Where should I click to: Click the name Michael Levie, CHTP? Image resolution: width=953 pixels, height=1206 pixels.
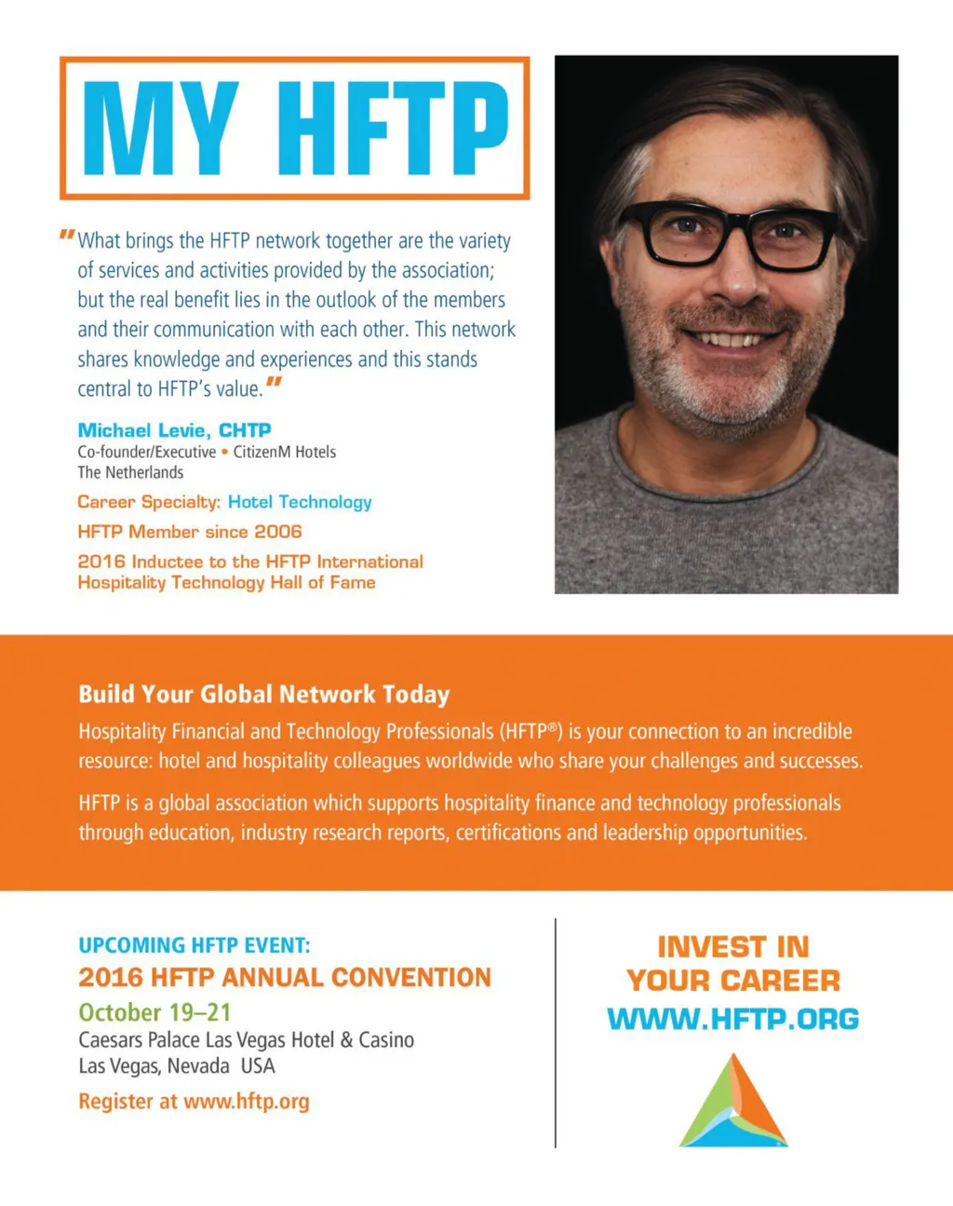(174, 430)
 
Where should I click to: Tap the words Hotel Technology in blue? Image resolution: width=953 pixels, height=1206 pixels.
(300, 502)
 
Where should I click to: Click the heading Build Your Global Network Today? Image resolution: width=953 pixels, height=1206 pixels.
(263, 695)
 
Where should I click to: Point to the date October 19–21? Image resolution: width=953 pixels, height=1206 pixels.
(154, 1012)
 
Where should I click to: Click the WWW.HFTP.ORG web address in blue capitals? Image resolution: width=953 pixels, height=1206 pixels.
(732, 1019)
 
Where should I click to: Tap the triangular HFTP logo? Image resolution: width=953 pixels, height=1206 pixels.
(733, 1102)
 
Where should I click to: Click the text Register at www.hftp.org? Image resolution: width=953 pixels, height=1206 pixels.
(194, 1102)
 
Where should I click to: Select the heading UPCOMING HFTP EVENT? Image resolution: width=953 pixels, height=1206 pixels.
(194, 945)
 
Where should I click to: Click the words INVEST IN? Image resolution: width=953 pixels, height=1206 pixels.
(733, 947)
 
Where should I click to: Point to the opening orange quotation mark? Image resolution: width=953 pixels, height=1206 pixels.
(66, 234)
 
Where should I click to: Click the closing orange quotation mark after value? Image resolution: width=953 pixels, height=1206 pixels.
(274, 383)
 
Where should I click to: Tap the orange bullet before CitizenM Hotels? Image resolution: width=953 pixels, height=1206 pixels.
(224, 452)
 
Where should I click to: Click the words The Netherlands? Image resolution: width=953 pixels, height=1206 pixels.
(130, 472)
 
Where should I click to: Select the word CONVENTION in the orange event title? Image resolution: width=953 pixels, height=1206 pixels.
(410, 978)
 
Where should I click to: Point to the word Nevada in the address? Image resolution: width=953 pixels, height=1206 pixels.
(198, 1066)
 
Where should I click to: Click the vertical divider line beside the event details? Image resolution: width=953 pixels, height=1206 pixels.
(556, 1033)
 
